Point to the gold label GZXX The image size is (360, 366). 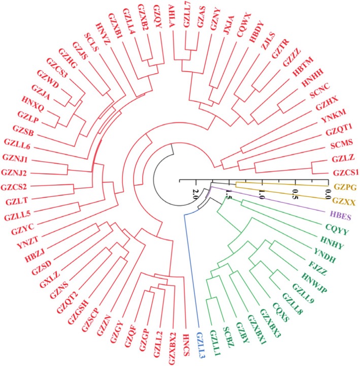tap(345, 202)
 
